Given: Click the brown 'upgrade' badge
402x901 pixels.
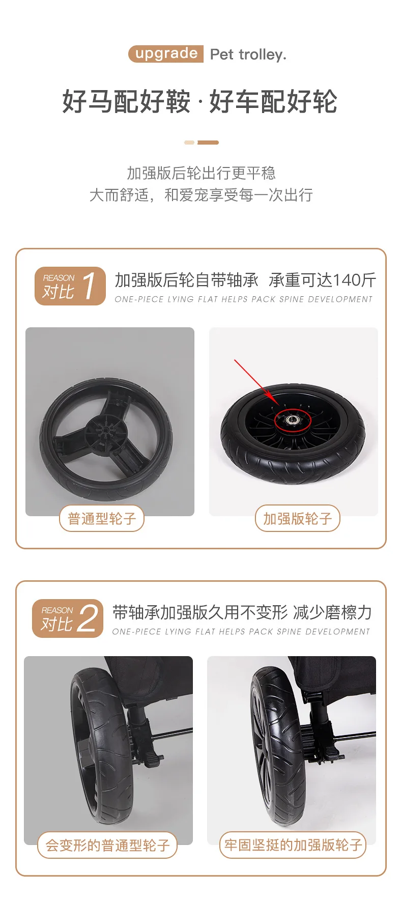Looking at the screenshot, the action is (166, 54).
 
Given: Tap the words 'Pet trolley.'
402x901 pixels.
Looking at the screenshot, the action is (248, 54).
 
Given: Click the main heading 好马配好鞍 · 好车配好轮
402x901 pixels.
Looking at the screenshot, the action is (200, 101).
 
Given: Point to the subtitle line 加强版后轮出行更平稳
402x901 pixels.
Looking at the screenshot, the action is (201, 173).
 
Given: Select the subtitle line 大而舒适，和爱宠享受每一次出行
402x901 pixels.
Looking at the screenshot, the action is (201, 195).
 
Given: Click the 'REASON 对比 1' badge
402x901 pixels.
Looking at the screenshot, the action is (70, 286).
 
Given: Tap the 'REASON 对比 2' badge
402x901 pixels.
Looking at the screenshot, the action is (68, 618).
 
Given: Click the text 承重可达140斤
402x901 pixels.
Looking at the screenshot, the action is (323, 280).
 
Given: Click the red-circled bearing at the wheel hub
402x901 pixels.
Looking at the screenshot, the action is (293, 420).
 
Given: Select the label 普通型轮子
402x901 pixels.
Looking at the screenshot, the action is (102, 519).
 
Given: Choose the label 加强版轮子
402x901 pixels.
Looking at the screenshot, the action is (297, 519).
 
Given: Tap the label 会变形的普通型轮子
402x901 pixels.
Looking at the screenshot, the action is (107, 846).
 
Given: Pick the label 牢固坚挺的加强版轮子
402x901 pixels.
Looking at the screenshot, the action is (293, 846).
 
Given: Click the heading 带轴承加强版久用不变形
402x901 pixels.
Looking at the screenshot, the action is (200, 612).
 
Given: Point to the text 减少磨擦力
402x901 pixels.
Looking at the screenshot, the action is (332, 612).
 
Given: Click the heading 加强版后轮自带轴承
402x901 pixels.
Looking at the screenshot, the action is (186, 280).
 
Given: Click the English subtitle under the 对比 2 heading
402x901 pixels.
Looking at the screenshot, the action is (241, 632).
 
